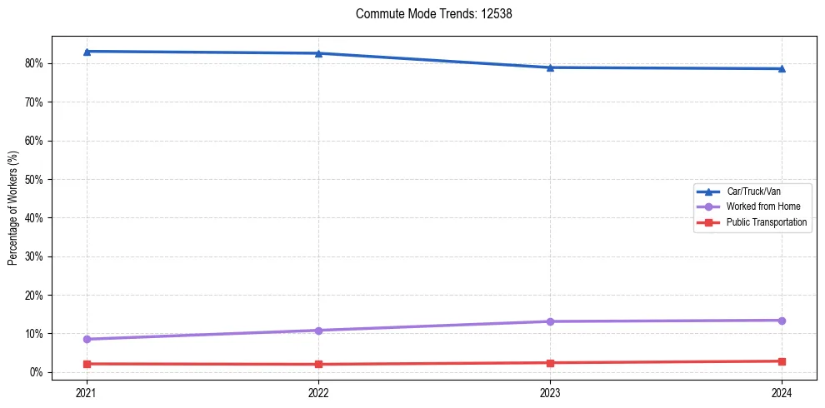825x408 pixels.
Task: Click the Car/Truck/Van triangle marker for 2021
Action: coord(87,52)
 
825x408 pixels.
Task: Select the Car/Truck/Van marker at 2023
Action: coord(550,67)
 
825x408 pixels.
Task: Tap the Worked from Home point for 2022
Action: coord(318,331)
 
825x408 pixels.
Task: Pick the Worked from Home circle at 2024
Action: coord(782,321)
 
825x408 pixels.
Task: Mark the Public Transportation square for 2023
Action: coord(550,363)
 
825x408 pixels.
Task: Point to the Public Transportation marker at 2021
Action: coord(87,364)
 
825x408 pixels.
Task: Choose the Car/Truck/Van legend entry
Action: coord(752,192)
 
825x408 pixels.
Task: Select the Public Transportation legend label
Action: coord(766,222)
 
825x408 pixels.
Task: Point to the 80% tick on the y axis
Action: coord(33,63)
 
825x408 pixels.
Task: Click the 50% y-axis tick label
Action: coord(33,179)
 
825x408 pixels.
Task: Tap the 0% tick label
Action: coord(36,372)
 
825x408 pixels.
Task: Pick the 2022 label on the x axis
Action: coord(318,392)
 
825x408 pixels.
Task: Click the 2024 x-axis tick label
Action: coord(782,392)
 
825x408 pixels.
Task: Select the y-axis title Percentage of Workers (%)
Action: coord(13,208)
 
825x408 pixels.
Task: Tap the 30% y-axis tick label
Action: coord(33,256)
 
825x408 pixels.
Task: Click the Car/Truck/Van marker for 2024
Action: coord(782,68)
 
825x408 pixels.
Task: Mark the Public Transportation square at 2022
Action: coord(318,364)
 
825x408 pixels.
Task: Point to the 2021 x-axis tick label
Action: coord(87,392)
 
